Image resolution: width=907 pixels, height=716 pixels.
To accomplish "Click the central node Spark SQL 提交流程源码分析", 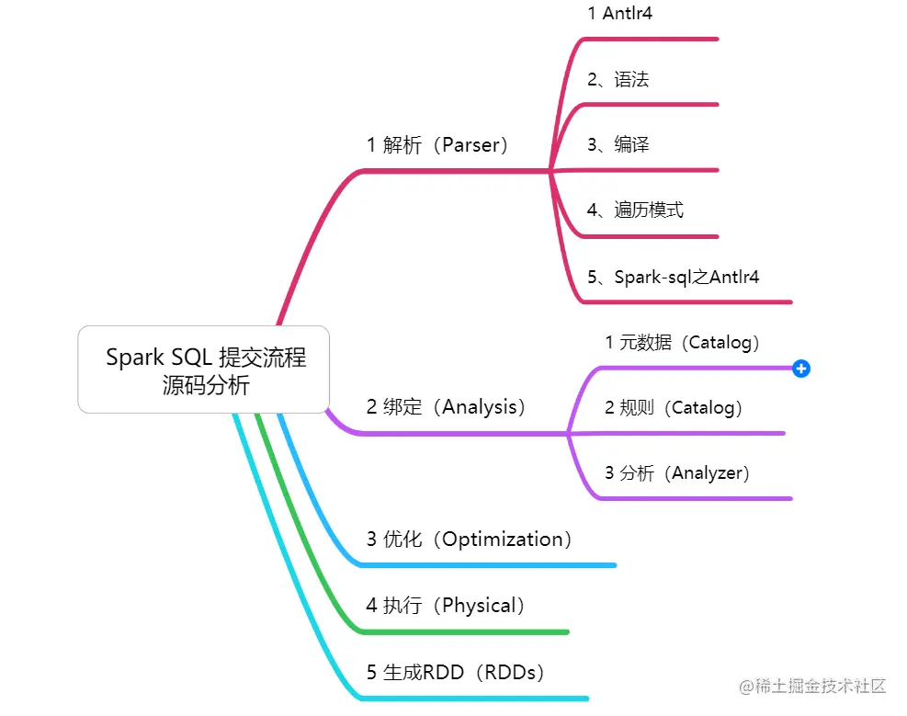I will (x=204, y=369).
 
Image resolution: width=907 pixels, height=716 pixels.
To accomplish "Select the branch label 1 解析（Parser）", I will (x=437, y=145).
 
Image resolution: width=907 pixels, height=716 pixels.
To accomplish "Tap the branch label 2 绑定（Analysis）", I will (x=446, y=407).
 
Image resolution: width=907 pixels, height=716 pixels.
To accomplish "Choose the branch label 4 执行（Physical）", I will (x=446, y=606).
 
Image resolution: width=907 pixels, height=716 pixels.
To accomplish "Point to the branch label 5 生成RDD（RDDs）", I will (x=456, y=673).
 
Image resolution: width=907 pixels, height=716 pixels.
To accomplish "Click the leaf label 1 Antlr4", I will (x=619, y=14).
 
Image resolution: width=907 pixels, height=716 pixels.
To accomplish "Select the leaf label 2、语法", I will (x=618, y=80).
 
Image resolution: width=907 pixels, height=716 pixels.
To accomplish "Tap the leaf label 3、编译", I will (x=618, y=145).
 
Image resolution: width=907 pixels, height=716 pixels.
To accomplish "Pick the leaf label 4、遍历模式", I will (x=635, y=210).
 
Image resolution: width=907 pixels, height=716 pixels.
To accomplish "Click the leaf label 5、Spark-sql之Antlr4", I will (x=673, y=276).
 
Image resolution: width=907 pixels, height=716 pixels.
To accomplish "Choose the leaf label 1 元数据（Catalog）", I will (x=683, y=343).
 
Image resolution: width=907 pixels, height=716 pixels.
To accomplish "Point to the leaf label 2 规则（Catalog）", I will (x=674, y=407).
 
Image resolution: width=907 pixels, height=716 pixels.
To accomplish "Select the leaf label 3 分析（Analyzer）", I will (x=677, y=473).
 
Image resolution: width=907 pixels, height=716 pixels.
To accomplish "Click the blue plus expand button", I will (x=801, y=369).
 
